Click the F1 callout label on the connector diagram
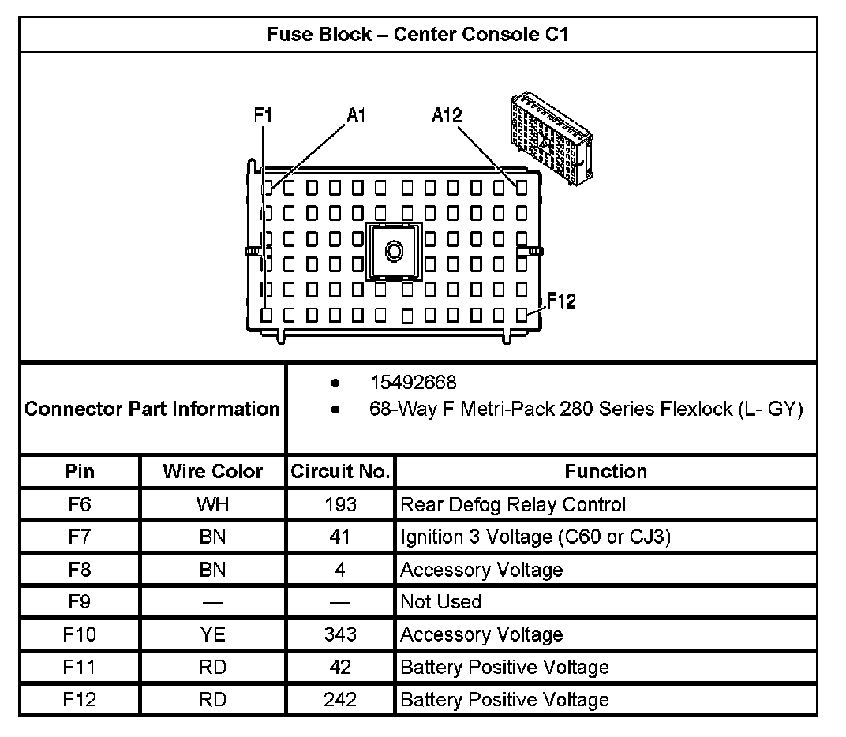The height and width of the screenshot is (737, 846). (263, 115)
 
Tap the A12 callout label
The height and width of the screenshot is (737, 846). (447, 115)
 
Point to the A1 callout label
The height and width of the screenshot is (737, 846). (356, 115)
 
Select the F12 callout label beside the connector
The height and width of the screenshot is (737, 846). (560, 301)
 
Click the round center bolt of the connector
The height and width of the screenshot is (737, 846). (394, 251)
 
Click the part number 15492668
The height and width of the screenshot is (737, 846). (414, 383)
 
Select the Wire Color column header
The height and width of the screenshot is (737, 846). (212, 472)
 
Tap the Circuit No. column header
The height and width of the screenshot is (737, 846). (340, 472)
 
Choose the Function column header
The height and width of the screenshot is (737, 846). (605, 472)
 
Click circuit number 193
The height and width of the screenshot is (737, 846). (340, 504)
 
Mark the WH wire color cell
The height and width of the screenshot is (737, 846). (212, 504)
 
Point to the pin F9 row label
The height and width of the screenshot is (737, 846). (80, 602)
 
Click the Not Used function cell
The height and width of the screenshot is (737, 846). (440, 602)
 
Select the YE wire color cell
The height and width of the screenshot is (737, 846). (212, 634)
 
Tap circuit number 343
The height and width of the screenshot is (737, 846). (340, 634)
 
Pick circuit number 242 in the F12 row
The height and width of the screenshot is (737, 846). (340, 700)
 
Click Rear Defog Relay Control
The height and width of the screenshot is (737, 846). (513, 504)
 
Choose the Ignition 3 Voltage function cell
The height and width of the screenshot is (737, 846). (536, 537)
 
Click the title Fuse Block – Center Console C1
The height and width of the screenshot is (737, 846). (418, 34)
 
